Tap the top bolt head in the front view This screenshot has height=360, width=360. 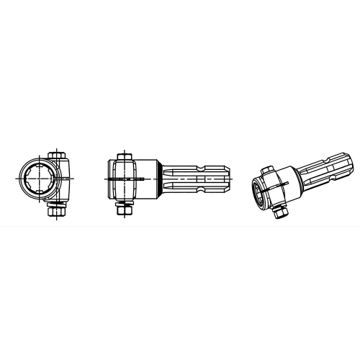click(57, 154)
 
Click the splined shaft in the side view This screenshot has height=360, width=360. click(194, 178)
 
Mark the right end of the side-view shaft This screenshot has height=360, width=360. click(231, 178)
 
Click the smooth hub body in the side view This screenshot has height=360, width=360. click(151, 178)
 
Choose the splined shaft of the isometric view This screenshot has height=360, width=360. click(328, 171)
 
